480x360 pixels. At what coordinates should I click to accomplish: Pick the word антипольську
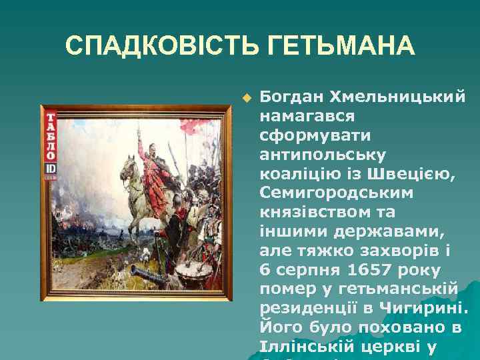(322, 155)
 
